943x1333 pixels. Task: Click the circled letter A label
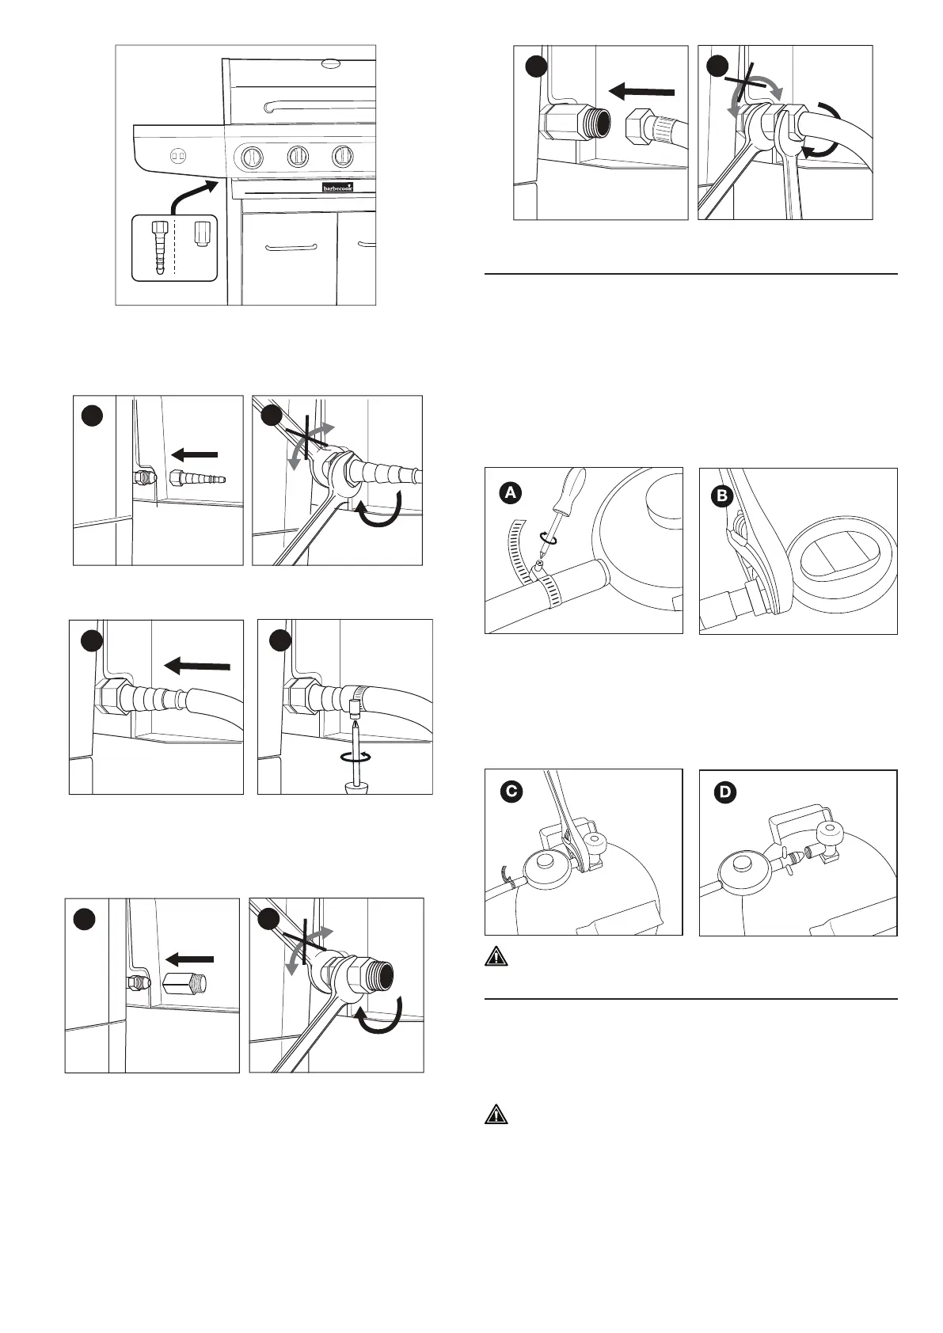[511, 492]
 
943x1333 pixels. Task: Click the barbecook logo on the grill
[337, 188]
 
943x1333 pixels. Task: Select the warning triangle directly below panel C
[496, 956]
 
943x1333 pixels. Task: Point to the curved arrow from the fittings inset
[193, 194]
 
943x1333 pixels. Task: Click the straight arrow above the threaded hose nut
[645, 92]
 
